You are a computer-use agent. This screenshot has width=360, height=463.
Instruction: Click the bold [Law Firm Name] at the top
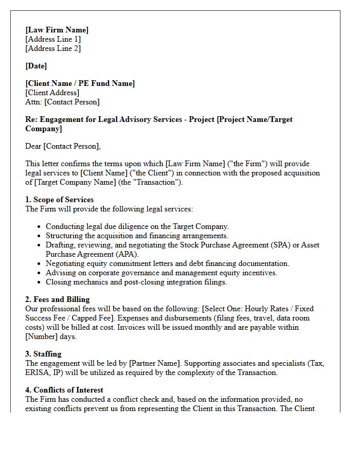click(x=57, y=30)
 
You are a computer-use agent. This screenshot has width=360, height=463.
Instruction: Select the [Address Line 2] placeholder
click(x=53, y=48)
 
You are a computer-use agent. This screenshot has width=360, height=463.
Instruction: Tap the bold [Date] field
click(x=36, y=66)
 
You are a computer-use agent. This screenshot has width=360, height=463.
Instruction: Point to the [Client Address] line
click(x=52, y=93)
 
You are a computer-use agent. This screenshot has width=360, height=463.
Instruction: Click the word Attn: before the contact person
click(x=33, y=102)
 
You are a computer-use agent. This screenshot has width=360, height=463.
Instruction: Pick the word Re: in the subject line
click(x=31, y=119)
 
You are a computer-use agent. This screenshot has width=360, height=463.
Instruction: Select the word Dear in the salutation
click(x=33, y=146)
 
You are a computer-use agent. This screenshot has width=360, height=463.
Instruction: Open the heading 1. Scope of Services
click(x=60, y=200)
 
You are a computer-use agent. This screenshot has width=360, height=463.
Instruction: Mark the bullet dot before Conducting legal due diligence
click(x=39, y=226)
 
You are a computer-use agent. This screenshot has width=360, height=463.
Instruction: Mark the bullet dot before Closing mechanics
click(x=39, y=282)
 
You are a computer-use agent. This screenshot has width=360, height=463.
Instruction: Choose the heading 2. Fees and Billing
click(x=58, y=299)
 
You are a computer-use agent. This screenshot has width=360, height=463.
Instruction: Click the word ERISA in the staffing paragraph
click(x=38, y=372)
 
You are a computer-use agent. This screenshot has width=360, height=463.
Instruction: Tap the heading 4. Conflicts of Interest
click(x=64, y=390)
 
